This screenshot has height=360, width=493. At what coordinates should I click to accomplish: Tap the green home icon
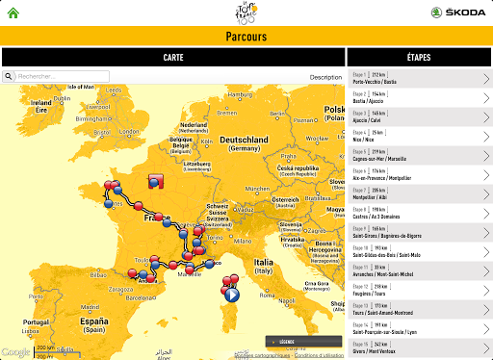point(13,13)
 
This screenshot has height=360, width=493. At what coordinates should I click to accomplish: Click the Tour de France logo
point(246,13)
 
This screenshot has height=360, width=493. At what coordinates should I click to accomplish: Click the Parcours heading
point(246,37)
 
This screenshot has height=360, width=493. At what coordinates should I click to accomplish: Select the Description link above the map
point(325,77)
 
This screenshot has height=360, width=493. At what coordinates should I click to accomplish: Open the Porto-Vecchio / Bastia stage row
point(419,78)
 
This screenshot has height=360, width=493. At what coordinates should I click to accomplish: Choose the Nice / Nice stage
point(419,136)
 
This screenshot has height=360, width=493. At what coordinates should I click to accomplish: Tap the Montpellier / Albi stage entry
point(419,194)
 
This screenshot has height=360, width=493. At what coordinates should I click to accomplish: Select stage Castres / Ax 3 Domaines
point(419,214)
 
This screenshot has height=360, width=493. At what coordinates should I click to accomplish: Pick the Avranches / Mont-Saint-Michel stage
point(419,271)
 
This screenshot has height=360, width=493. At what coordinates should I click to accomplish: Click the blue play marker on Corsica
point(231,296)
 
